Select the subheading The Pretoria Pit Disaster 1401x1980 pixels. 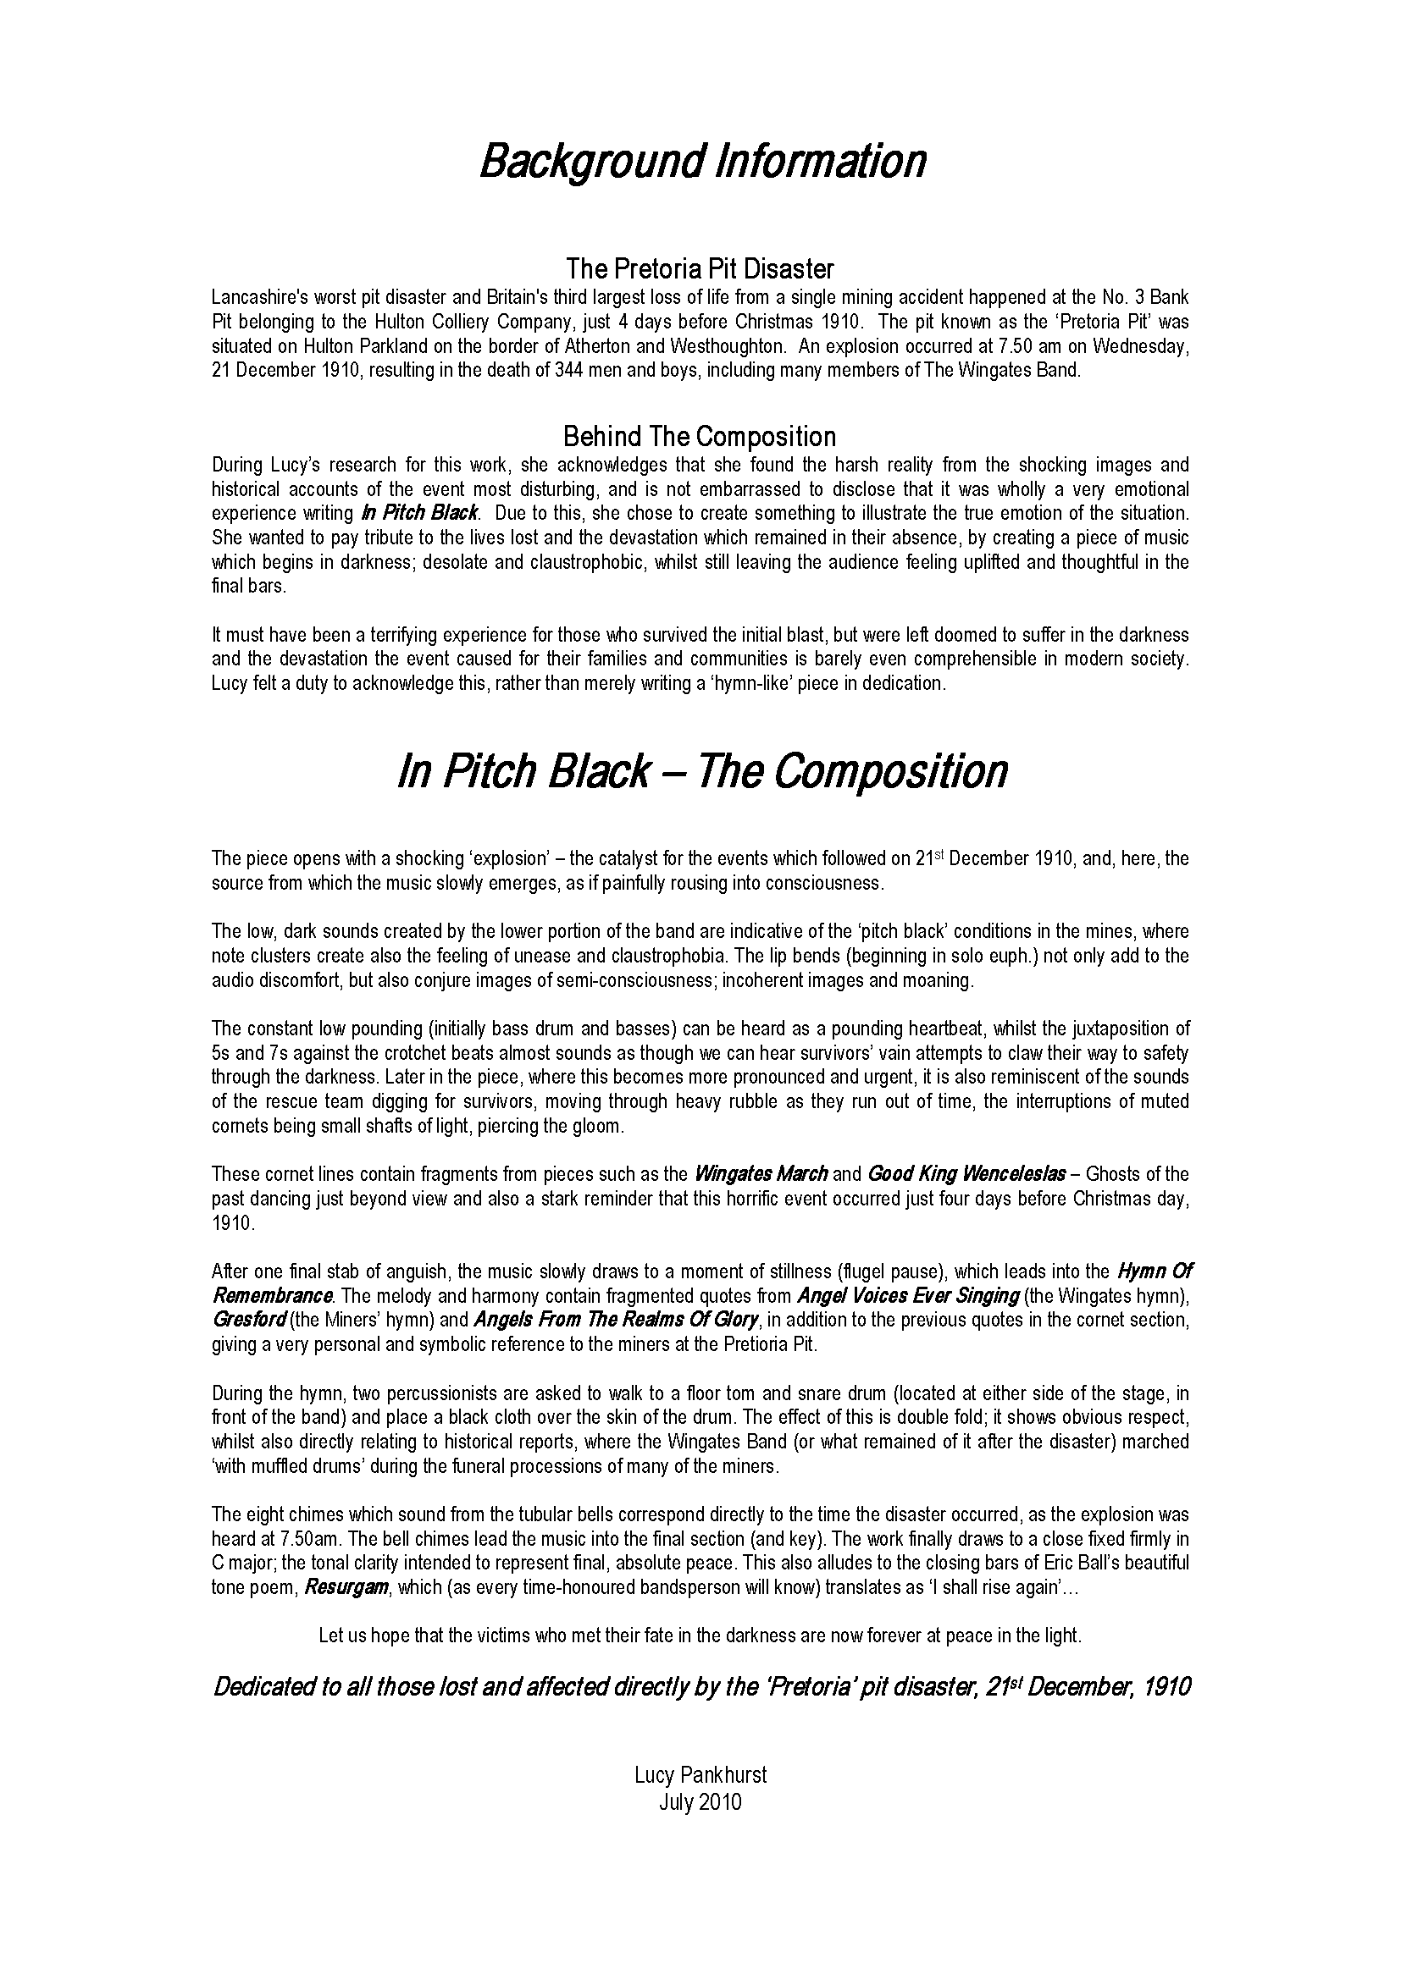[700, 269]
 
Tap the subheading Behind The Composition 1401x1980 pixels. [700, 435]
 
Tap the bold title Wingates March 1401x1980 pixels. [761, 1173]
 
